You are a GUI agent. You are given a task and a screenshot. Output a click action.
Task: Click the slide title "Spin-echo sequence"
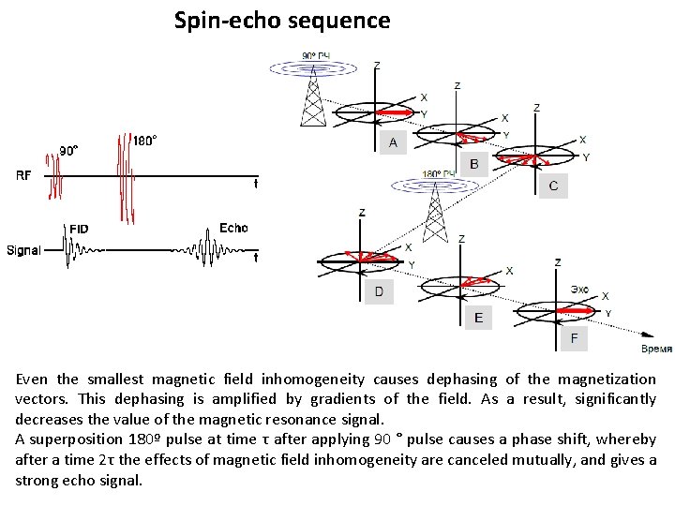point(282,20)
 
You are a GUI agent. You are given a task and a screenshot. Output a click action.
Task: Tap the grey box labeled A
point(393,142)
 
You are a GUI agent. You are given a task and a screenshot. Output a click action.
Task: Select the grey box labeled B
point(473,164)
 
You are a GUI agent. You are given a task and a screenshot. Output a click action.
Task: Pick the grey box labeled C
point(553,186)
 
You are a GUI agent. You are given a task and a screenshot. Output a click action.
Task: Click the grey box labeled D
point(379,291)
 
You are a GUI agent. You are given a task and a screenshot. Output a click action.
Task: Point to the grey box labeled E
point(479,318)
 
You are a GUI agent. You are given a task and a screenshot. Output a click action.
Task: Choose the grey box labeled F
point(573,337)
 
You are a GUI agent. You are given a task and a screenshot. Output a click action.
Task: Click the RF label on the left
point(24,175)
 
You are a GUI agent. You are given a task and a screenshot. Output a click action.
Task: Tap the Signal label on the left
point(23,250)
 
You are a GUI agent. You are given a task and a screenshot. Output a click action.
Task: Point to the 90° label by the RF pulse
point(69,149)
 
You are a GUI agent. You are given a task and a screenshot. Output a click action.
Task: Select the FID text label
point(80,228)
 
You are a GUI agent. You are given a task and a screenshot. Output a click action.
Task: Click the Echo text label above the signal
point(233,228)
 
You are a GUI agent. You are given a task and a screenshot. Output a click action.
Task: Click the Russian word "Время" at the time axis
point(655,349)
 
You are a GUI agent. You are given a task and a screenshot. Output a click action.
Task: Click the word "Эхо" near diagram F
point(579,290)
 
